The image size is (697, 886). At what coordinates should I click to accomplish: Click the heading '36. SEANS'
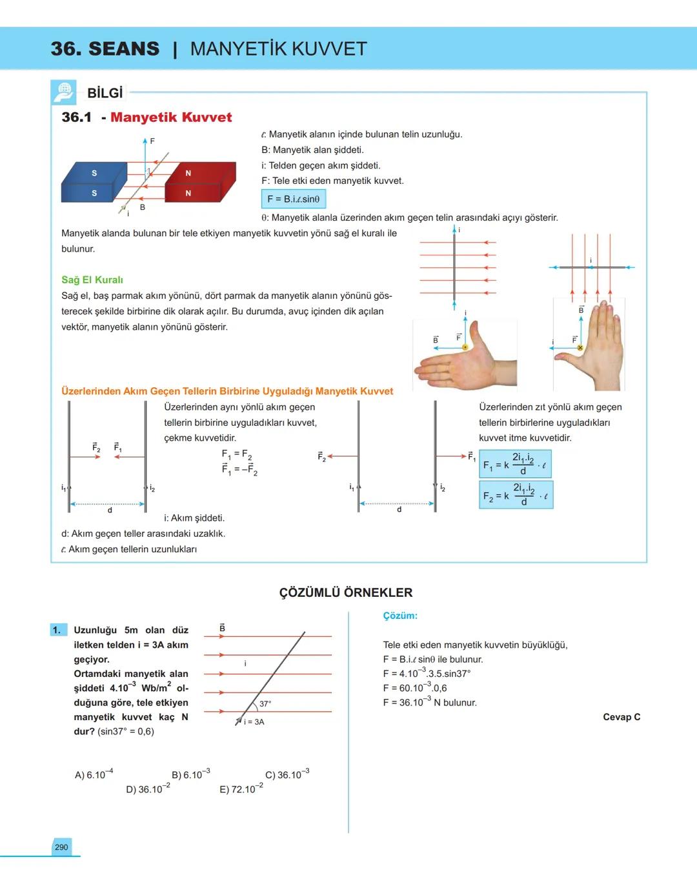click(x=105, y=48)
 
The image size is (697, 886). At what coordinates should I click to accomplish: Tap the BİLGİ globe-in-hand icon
click(x=63, y=92)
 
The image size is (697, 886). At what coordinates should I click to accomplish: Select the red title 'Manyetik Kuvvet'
click(x=171, y=117)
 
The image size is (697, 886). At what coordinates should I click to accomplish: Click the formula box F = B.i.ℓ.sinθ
click(x=294, y=199)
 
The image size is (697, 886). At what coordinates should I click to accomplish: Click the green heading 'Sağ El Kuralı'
click(x=92, y=280)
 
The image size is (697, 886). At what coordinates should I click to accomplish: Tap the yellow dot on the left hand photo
click(x=465, y=347)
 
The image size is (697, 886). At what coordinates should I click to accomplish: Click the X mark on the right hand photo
click(x=580, y=348)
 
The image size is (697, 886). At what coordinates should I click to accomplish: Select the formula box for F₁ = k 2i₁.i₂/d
click(x=515, y=464)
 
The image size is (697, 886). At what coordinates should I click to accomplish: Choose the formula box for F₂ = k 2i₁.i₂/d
click(x=516, y=495)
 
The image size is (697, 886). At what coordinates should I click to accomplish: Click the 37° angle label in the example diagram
click(x=265, y=703)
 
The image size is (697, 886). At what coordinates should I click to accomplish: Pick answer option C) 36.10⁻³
click(x=287, y=774)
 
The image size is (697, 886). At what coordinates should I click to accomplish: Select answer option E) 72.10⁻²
click(x=241, y=789)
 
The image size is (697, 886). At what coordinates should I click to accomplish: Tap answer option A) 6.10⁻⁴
click(x=94, y=774)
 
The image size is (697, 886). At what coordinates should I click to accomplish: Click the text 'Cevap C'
click(x=621, y=717)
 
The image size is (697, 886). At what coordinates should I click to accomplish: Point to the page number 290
click(x=61, y=847)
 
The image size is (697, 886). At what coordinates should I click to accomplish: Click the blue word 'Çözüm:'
click(x=400, y=616)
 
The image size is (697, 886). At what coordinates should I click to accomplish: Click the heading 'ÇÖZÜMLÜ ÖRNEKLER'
click(x=346, y=592)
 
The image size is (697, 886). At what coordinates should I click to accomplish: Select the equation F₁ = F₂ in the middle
click(x=237, y=454)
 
